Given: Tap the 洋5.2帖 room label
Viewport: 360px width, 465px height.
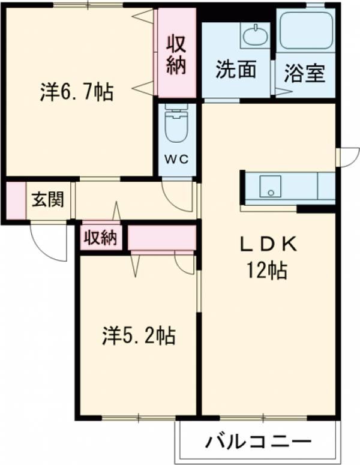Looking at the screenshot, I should pos(137,336).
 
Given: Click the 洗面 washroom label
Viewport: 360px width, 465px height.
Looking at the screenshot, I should pos(236,70).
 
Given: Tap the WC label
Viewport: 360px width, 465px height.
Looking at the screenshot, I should pos(177,158).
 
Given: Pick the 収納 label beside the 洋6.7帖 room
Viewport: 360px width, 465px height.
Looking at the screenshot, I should pos(176,55).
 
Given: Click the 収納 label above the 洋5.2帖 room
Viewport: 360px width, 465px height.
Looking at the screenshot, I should pos(100,238).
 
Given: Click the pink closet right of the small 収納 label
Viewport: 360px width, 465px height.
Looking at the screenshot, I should pos(162,238).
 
